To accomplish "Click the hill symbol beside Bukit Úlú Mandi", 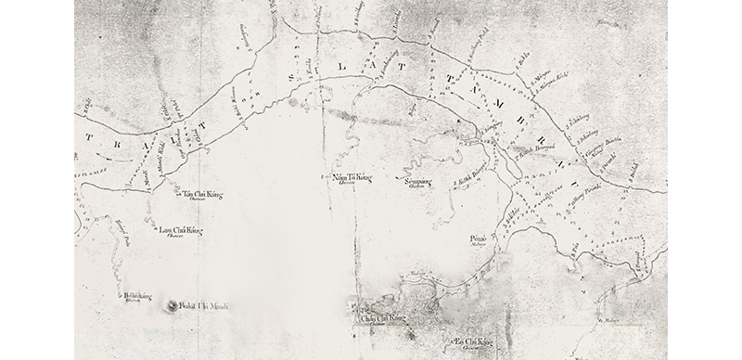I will point(173,304).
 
